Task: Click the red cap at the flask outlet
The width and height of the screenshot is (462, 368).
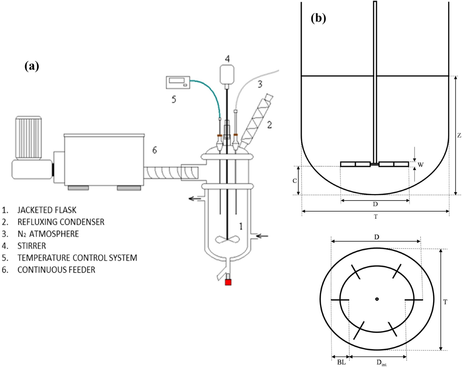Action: click(x=228, y=282)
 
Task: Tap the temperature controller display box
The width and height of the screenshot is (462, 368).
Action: click(x=177, y=82)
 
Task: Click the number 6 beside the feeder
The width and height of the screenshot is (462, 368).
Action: click(x=154, y=151)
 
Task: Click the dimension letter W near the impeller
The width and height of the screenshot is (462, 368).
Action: click(x=421, y=165)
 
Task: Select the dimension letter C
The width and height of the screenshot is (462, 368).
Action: click(x=294, y=181)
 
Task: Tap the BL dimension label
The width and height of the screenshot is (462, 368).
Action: click(x=341, y=362)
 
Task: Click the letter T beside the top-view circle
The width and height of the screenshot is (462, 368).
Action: click(x=445, y=302)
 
